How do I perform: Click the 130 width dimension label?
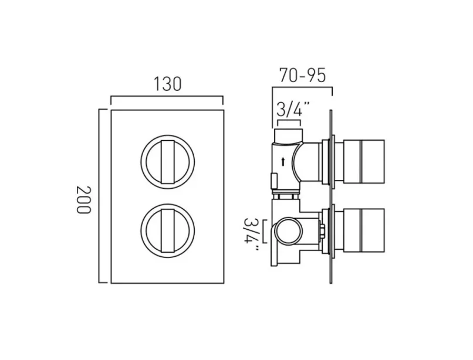tap(167, 84)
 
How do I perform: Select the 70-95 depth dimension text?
tap(302, 76)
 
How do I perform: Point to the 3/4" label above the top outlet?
tap(289, 110)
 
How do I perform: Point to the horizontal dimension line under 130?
tap(167, 97)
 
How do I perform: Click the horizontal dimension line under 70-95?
tap(302, 87)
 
